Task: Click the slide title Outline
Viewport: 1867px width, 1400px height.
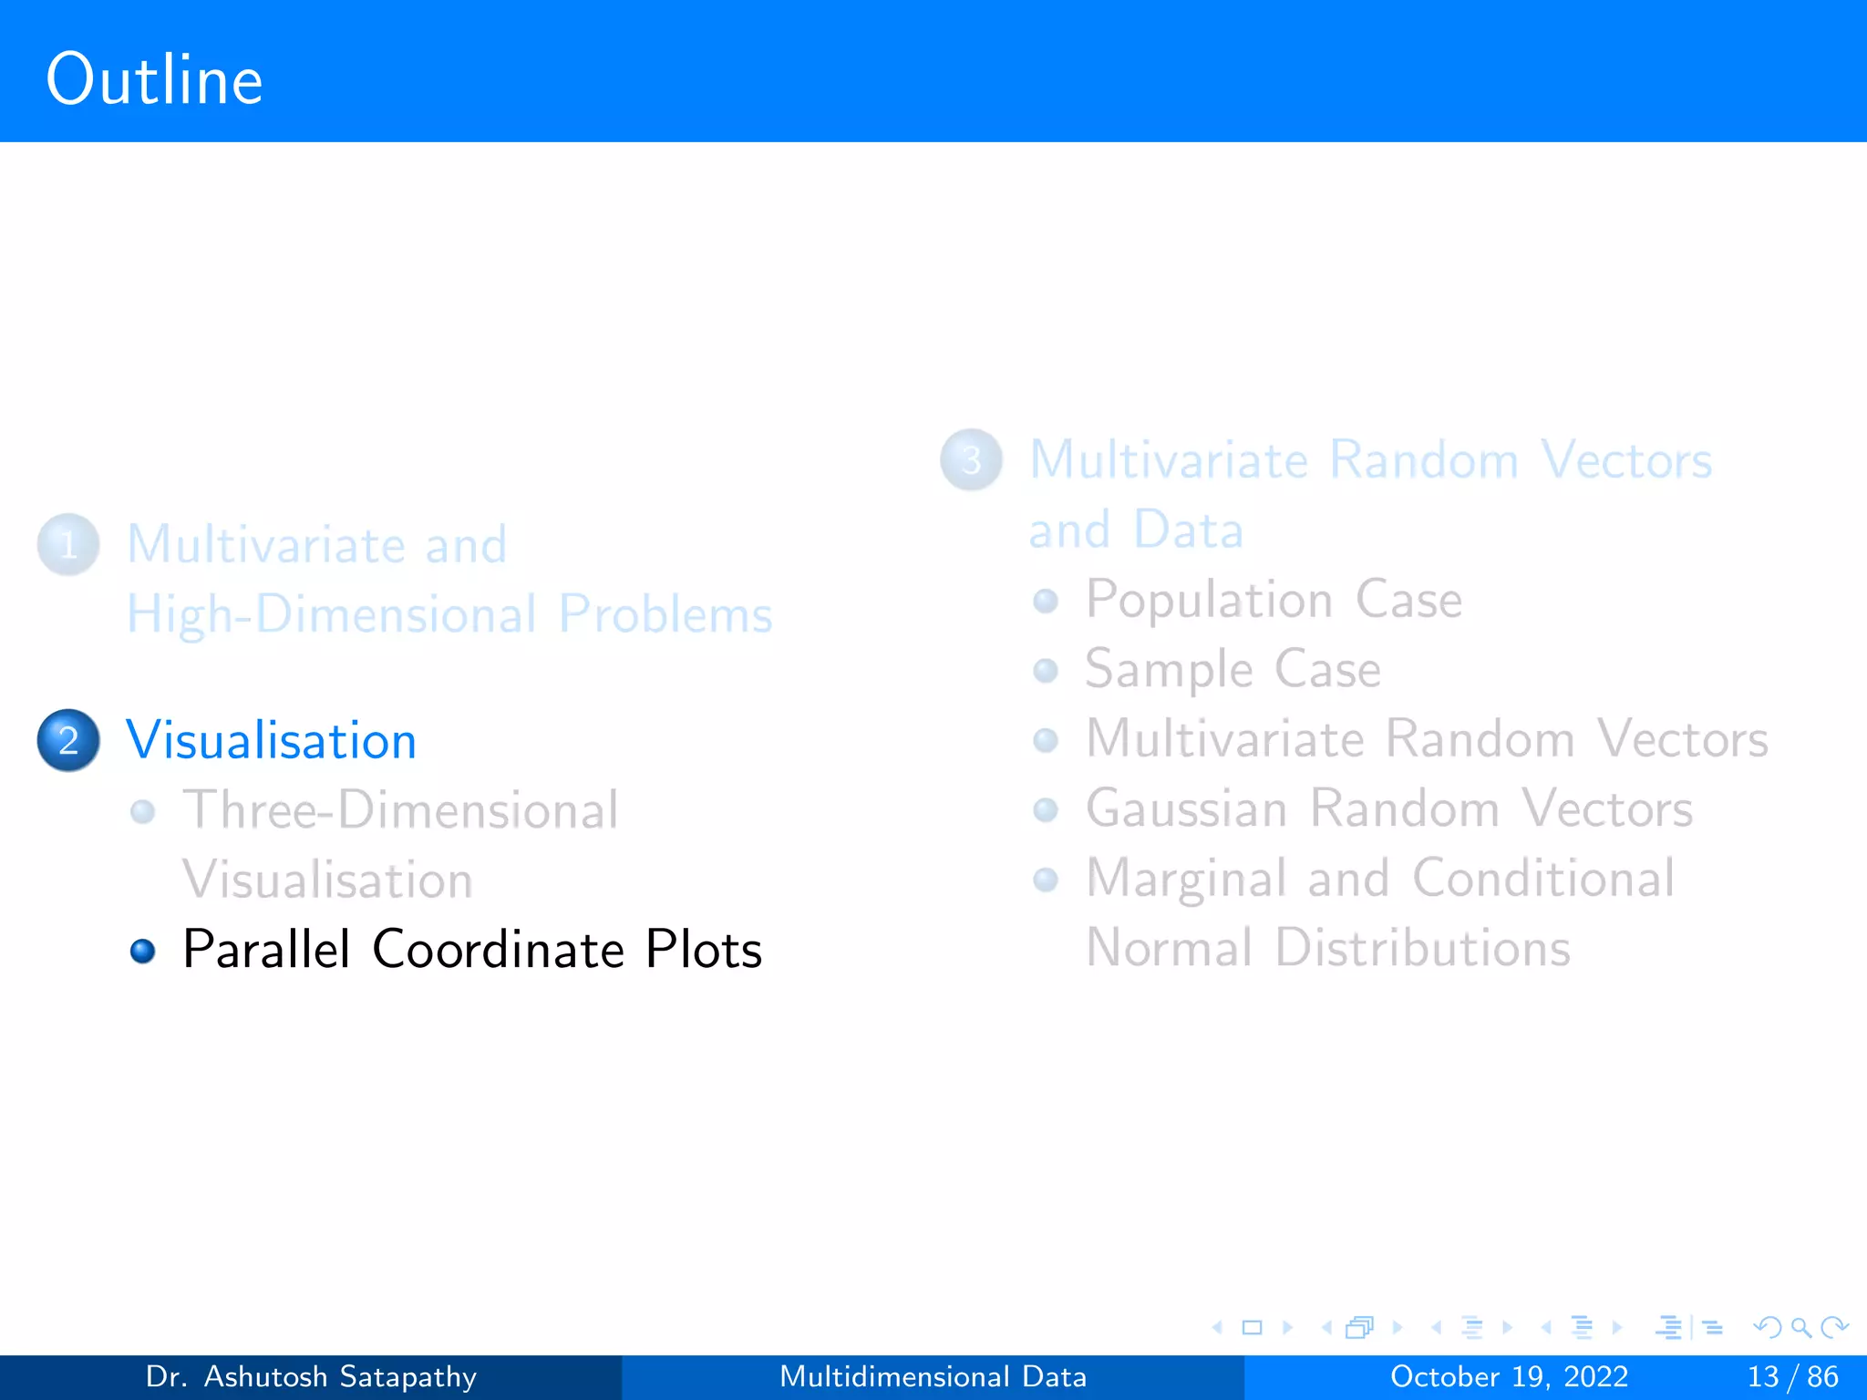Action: pyautogui.click(x=154, y=80)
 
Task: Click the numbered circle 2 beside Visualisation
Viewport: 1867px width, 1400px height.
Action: pyautogui.click(x=68, y=740)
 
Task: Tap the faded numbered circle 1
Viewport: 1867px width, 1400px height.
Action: pyautogui.click(x=68, y=545)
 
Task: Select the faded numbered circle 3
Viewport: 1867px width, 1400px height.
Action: pyautogui.click(x=972, y=460)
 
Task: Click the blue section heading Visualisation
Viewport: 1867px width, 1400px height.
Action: pyautogui.click(x=271, y=740)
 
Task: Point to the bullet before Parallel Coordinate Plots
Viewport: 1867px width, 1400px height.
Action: pyautogui.click(x=143, y=952)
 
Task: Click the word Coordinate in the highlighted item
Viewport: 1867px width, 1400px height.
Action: pyautogui.click(x=498, y=950)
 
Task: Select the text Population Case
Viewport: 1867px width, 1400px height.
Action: pyautogui.click(x=1273, y=600)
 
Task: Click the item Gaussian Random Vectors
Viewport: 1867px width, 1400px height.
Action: pyautogui.click(x=1388, y=808)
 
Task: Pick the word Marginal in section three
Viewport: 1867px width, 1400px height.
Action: pyautogui.click(x=1185, y=879)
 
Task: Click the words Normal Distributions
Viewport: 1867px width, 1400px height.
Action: pyautogui.click(x=1328, y=948)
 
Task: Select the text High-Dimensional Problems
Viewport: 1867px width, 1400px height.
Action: pyautogui.click(x=449, y=614)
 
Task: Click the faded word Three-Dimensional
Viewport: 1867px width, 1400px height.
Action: pyautogui.click(x=400, y=810)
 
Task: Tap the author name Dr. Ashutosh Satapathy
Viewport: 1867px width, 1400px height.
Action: pyautogui.click(x=311, y=1376)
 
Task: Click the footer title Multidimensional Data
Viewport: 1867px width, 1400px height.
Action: pyautogui.click(x=933, y=1376)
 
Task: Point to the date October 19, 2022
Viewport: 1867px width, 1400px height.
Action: pyautogui.click(x=1509, y=1376)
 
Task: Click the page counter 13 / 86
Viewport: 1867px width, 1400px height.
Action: pyautogui.click(x=1791, y=1376)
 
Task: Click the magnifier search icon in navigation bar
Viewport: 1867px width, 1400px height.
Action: pyautogui.click(x=1800, y=1328)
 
